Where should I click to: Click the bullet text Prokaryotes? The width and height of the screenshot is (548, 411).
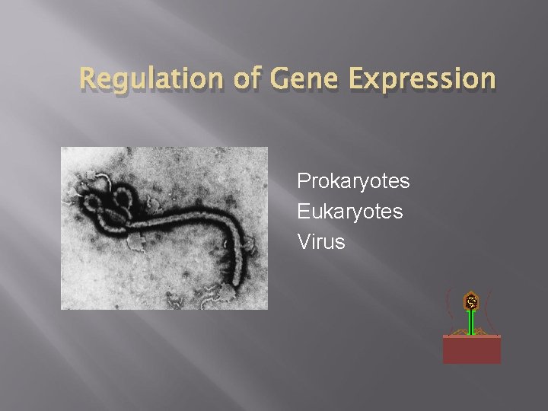(x=353, y=181)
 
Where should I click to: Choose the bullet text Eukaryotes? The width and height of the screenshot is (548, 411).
(x=350, y=212)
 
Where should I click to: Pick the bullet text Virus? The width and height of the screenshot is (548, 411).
(x=321, y=242)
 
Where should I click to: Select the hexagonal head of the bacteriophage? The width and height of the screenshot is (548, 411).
(x=472, y=302)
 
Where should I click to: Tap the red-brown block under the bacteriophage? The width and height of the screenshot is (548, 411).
(x=472, y=349)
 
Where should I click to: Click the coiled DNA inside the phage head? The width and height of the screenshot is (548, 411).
(x=472, y=301)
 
